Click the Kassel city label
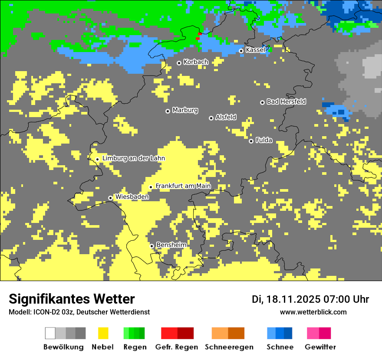click(255, 50)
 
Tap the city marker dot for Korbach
click(179, 63)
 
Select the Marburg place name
click(185, 110)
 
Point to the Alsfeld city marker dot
click(211, 118)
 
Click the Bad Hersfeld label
click(286, 101)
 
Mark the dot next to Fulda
click(251, 141)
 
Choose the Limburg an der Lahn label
click(133, 158)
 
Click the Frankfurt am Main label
click(183, 186)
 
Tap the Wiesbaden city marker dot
click(111, 198)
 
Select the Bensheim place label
click(171, 245)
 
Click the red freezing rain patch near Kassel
click(199, 36)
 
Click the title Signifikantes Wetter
click(72, 299)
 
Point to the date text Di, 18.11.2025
click(286, 299)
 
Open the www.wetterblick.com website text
click(313, 312)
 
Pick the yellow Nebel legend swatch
click(103, 333)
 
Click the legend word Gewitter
click(320, 347)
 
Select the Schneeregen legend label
click(229, 347)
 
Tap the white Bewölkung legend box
click(50, 333)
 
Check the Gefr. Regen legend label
click(176, 347)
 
